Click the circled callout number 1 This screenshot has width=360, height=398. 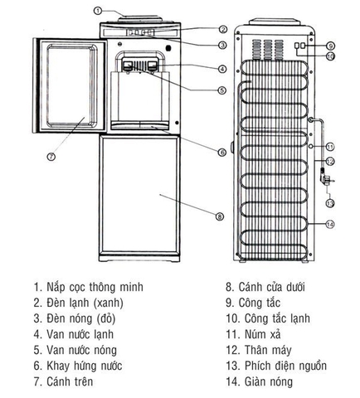[x=98, y=10]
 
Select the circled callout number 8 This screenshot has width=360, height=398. [x=219, y=216]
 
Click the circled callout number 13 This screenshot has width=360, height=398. [x=329, y=202]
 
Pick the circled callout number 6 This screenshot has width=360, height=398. [x=221, y=152]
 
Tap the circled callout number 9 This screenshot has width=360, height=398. [x=330, y=46]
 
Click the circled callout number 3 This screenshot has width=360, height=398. [x=222, y=45]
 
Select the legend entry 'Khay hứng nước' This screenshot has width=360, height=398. [x=82, y=366]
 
